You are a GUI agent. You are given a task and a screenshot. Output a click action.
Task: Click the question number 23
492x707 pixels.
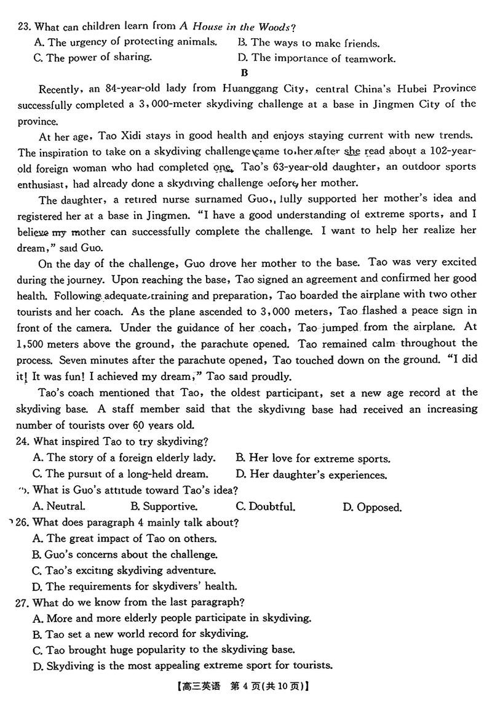24,26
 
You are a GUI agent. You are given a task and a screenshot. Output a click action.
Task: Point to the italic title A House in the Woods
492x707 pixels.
237,26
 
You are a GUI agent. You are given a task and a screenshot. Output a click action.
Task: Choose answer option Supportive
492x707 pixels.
164,507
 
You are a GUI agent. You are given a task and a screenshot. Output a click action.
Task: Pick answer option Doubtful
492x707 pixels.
266,507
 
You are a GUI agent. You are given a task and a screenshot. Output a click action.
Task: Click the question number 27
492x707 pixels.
24,601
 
